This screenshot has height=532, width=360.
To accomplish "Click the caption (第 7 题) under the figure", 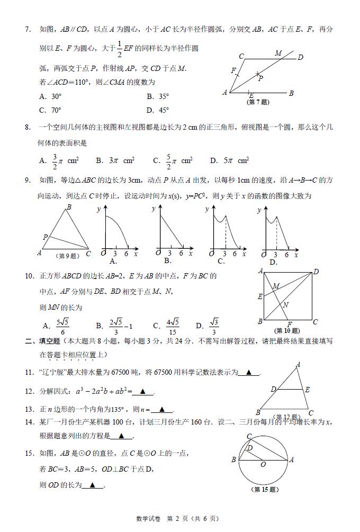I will point(258,102).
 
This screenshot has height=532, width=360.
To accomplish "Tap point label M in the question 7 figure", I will point(278,53).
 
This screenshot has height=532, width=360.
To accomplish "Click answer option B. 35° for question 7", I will point(158,96).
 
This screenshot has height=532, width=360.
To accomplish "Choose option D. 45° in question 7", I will point(158,110).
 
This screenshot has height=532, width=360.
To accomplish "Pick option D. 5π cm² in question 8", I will point(229,160).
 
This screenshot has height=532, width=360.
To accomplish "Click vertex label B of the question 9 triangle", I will point(69,207).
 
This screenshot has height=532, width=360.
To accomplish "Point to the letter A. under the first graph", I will point(113,260).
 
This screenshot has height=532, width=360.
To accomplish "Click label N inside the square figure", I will point(285,305).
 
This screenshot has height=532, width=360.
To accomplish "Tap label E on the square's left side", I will point(260,296).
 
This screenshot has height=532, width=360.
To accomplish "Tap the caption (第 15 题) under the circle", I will point(264,489).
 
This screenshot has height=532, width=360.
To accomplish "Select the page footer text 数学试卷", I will point(148,519).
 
